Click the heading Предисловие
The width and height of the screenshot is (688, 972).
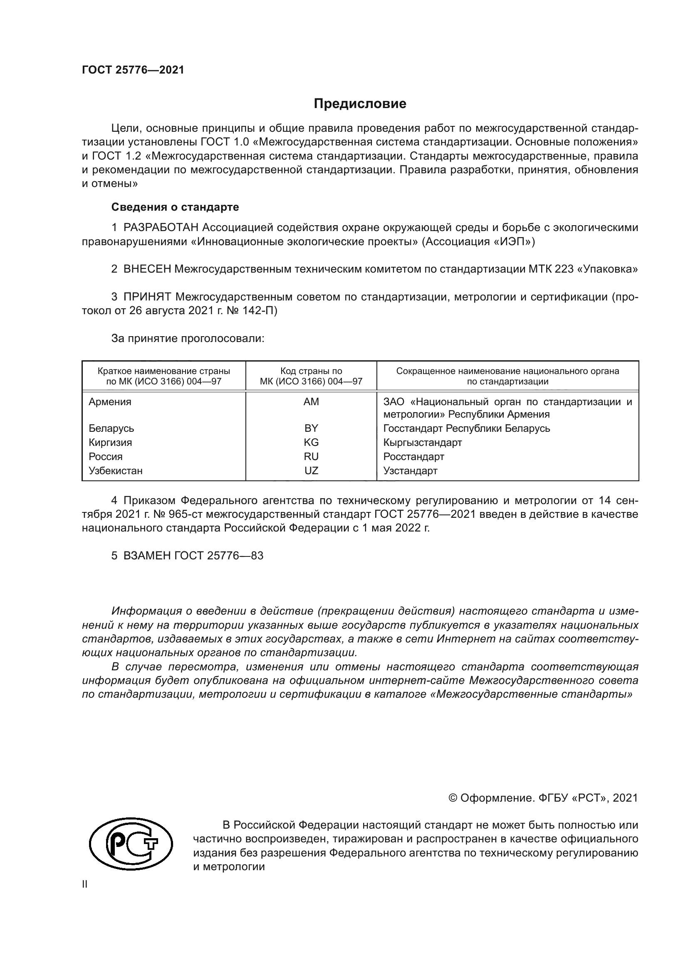pyautogui.click(x=360, y=104)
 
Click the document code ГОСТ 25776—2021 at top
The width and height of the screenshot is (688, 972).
pyautogui.click(x=133, y=70)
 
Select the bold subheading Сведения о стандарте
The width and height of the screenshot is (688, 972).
pyautogui.click(x=175, y=207)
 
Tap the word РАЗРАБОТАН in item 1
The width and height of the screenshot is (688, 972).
pyautogui.click(x=161, y=228)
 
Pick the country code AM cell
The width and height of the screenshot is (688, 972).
pyautogui.click(x=311, y=402)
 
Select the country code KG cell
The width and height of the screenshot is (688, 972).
pyautogui.click(x=311, y=443)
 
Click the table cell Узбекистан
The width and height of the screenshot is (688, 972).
pyautogui.click(x=115, y=471)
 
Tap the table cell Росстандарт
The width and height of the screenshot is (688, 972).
pyautogui.click(x=413, y=457)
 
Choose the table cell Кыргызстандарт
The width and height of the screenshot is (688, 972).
pyautogui.click(x=422, y=443)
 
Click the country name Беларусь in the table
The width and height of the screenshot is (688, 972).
pyautogui.click(x=111, y=428)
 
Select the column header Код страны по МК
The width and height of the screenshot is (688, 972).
pyautogui.click(x=311, y=376)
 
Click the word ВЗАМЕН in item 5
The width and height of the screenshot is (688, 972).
pyautogui.click(x=147, y=556)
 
